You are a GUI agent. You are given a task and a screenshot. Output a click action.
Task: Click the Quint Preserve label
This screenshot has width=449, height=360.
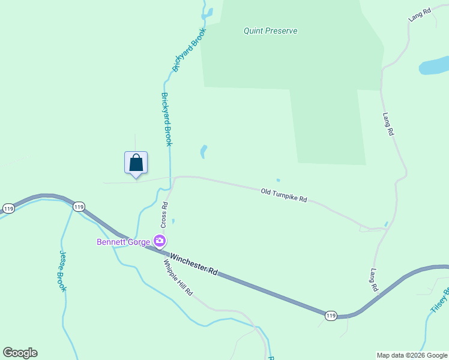[x=270, y=31]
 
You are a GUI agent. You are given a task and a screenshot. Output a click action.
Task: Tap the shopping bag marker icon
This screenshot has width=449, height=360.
[x=136, y=163]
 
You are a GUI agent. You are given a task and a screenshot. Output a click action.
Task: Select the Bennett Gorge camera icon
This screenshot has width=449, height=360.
[x=160, y=241]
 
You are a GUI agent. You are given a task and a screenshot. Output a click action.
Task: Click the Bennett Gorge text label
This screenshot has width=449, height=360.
[x=125, y=242]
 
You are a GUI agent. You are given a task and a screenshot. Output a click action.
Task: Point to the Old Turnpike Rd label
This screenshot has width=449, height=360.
[x=284, y=195]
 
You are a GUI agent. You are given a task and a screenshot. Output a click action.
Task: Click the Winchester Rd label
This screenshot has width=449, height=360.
[x=193, y=264]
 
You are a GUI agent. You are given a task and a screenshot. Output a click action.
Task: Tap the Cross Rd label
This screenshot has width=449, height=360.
[x=164, y=214]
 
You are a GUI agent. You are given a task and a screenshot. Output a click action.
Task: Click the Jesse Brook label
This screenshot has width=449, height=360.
[x=62, y=271]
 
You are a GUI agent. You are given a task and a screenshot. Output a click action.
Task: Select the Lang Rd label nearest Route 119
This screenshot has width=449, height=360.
[x=374, y=280]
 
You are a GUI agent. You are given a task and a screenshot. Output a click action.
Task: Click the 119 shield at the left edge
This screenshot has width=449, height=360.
[x=8, y=208]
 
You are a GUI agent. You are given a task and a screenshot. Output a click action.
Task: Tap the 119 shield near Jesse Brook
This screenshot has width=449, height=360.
[x=79, y=207]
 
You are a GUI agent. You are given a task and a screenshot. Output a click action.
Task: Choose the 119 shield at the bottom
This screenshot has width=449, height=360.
[x=330, y=316]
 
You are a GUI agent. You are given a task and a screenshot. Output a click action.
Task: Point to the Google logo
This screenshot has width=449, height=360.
[x=20, y=353]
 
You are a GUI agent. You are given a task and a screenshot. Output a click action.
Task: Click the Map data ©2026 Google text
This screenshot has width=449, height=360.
[x=412, y=355]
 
